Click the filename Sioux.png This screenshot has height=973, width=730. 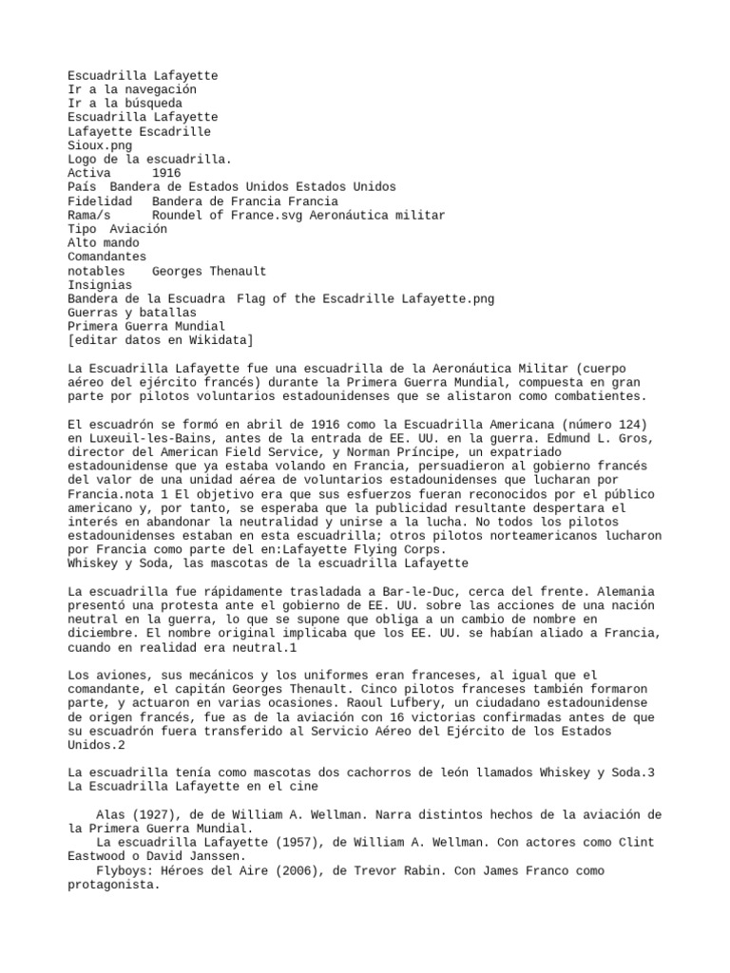coord(100,145)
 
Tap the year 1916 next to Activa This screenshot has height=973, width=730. coord(166,173)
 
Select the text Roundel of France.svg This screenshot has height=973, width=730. coord(229,216)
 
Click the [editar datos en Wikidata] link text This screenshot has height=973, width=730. coord(160,340)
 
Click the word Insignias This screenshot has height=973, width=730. coord(100,285)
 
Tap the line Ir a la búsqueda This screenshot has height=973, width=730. coord(125,103)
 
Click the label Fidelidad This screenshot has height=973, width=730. coord(100,201)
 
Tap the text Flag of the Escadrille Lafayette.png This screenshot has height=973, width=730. coord(365,298)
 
